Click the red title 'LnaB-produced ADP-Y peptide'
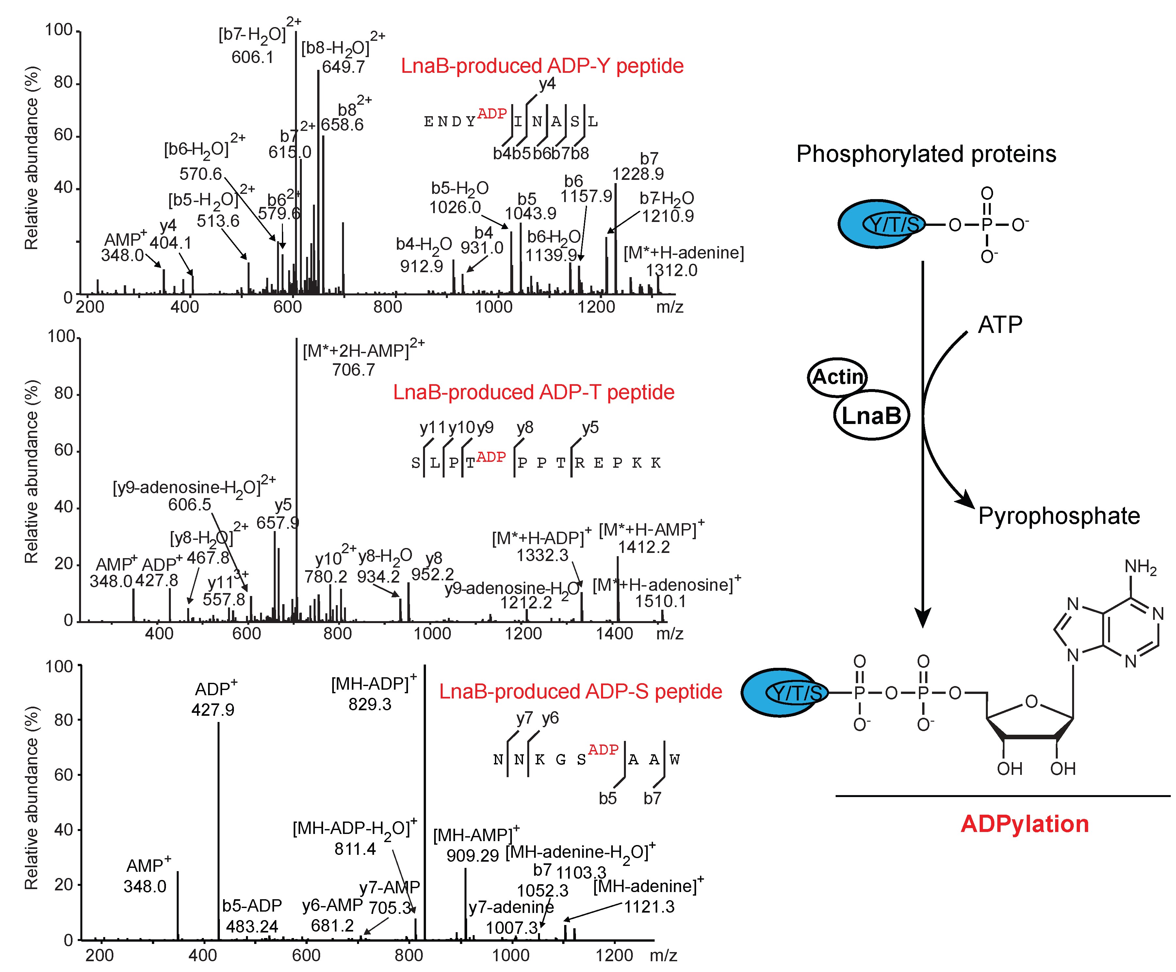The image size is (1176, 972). pyautogui.click(x=542, y=66)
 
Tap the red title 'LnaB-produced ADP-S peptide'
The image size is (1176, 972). pyautogui.click(x=580, y=692)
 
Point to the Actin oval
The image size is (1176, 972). pyautogui.click(x=837, y=377)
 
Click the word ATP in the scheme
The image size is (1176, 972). pyautogui.click(x=1000, y=324)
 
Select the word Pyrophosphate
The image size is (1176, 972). pyautogui.click(x=1058, y=515)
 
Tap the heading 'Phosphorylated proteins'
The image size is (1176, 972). pyautogui.click(x=926, y=154)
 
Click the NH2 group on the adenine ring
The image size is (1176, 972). pyautogui.click(x=1140, y=567)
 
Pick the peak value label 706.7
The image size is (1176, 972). pyautogui.click(x=353, y=369)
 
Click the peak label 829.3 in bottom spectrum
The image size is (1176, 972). pyautogui.click(x=369, y=704)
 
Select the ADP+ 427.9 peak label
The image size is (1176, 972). pyautogui.click(x=213, y=710)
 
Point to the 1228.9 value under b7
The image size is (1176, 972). pyautogui.click(x=638, y=174)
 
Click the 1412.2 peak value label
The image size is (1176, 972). pyautogui.click(x=644, y=547)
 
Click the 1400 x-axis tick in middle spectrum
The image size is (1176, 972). pyautogui.click(x=614, y=634)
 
